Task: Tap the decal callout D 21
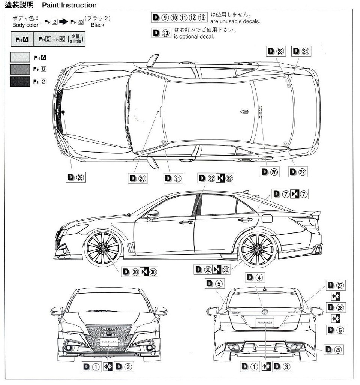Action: click(173, 178)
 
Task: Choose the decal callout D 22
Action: click(298, 172)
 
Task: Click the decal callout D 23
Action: click(276, 51)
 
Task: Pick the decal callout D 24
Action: click(301, 51)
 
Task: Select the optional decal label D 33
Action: click(161, 33)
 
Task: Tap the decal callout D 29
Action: click(333, 349)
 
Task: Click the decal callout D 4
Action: click(255, 278)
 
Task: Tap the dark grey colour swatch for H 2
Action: click(19, 82)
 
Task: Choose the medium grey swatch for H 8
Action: click(19, 69)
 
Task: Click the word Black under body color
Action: click(97, 25)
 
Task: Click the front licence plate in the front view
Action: click(109, 342)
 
